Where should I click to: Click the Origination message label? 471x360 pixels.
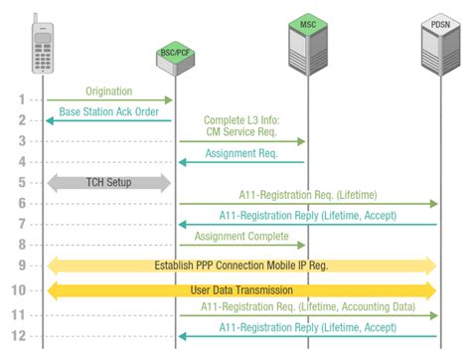[x=109, y=91]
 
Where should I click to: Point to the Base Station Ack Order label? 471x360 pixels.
[x=109, y=112]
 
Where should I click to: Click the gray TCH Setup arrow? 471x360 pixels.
[x=109, y=182]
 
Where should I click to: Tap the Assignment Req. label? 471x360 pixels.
[x=242, y=154]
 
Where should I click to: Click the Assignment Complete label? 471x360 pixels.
[x=242, y=237]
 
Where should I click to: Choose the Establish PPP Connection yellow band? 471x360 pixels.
[x=241, y=266]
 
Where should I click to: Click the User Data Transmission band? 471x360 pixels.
[x=241, y=290]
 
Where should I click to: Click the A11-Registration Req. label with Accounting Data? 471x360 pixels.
[x=307, y=307]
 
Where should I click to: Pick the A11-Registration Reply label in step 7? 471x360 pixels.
[x=307, y=216]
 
